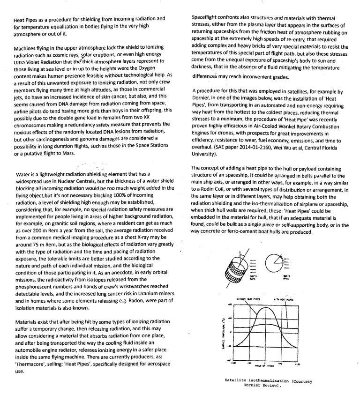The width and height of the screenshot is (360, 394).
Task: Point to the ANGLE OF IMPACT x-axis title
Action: pyautogui.click(x=265, y=366)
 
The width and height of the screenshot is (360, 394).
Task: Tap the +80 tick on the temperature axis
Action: pyautogui.click(x=229, y=305)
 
